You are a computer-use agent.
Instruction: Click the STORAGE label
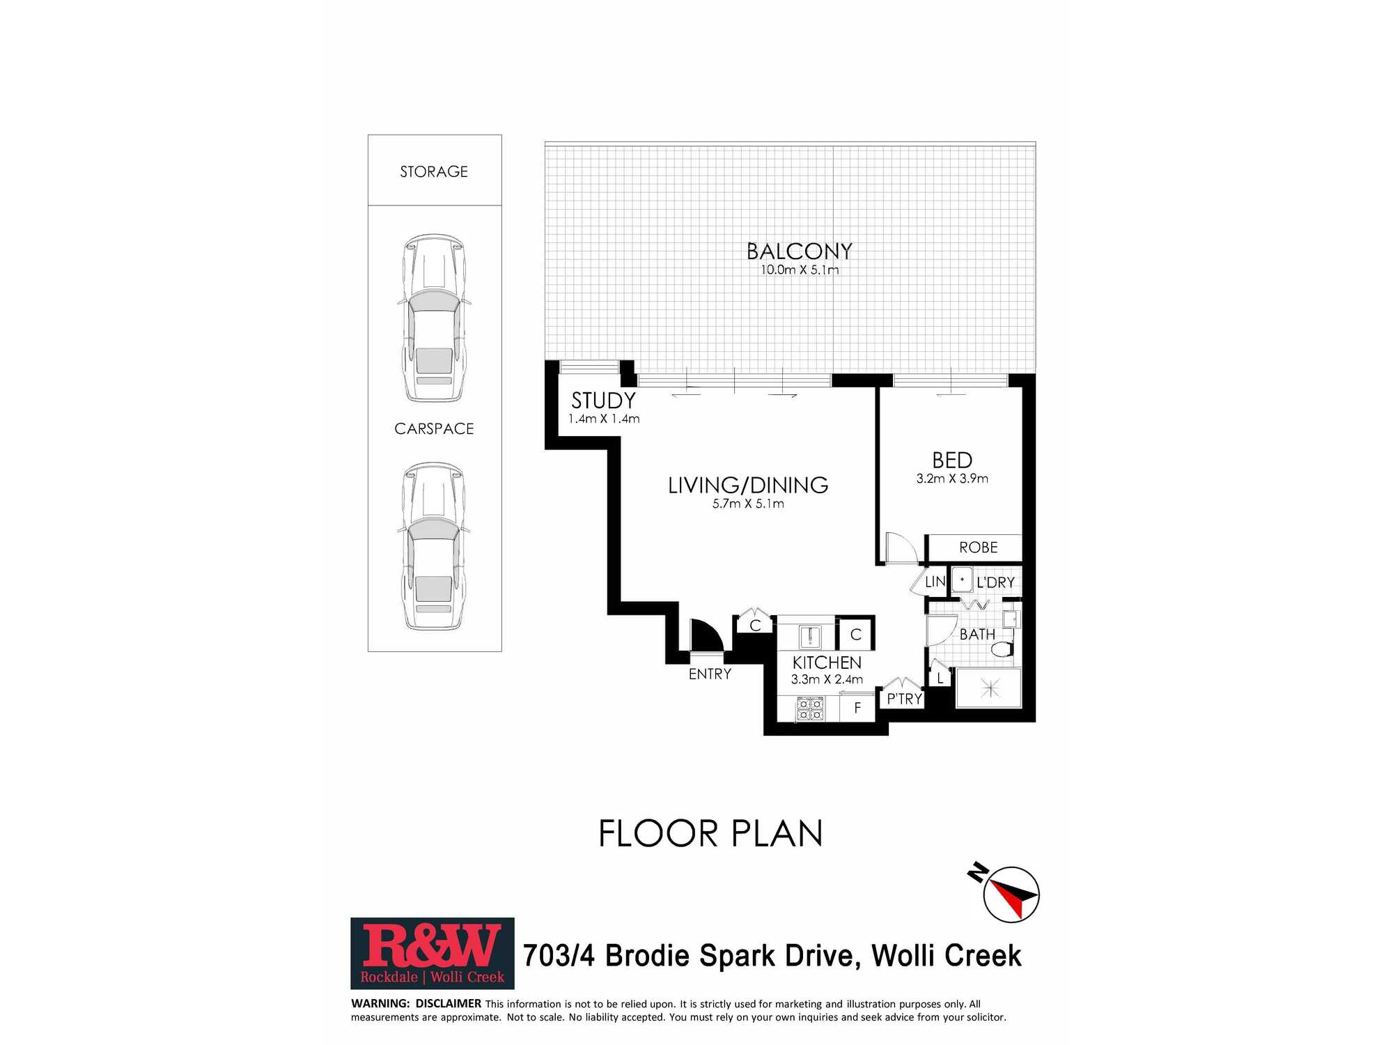(434, 171)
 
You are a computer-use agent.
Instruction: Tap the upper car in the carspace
(434, 318)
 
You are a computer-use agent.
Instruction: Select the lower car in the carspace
(434, 546)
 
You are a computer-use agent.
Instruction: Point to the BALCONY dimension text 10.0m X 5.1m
(800, 270)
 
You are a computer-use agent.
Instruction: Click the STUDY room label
(603, 401)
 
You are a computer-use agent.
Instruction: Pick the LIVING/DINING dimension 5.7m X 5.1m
(748, 504)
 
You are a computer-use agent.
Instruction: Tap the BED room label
(952, 460)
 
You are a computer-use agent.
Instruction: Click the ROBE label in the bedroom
(978, 548)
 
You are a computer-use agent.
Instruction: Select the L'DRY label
(995, 582)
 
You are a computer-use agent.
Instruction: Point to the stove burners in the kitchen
(811, 709)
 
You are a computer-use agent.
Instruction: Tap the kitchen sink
(810, 637)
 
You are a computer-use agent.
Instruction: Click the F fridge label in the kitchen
(857, 708)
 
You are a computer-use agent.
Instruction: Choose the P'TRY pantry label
(904, 699)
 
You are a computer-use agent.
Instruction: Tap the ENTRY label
(710, 674)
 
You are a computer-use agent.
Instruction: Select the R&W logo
(433, 953)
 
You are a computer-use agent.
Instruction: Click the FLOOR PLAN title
(710, 834)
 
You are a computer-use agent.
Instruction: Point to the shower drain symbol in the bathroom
(990, 688)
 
